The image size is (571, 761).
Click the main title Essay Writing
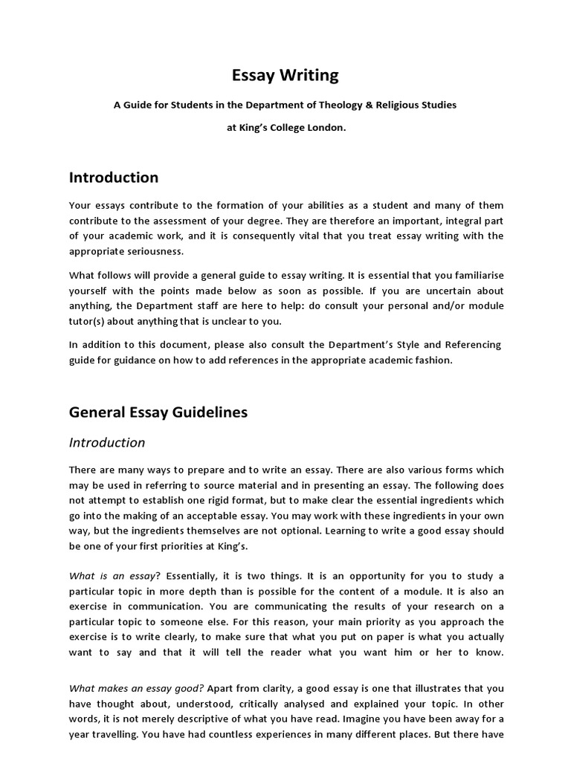pos(285,75)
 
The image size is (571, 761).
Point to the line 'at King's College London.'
pos(285,127)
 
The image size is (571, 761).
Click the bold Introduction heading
pos(114,178)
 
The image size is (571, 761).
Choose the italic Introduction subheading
pos(107,443)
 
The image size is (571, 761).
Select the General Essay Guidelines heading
pos(158,412)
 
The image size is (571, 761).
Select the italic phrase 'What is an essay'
pos(114,576)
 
